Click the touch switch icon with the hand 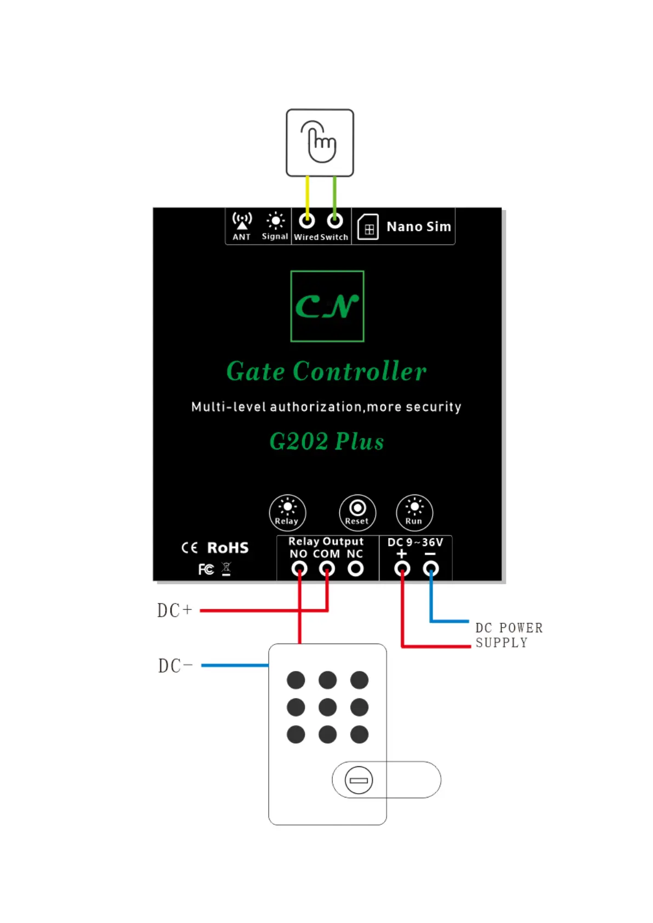[320, 143]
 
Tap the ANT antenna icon [242, 221]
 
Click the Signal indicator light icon [275, 221]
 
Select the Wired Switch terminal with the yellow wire [307, 221]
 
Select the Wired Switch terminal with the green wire [335, 221]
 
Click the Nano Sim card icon [368, 227]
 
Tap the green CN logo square [327, 306]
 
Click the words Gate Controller [326, 372]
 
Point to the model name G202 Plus [327, 442]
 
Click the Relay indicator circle [287, 512]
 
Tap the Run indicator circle [414, 512]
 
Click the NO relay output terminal [299, 569]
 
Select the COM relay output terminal [327, 569]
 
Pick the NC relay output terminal [356, 569]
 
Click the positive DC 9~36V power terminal [402, 569]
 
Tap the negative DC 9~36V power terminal [431, 569]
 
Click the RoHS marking [228, 548]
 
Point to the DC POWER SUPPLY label [509, 635]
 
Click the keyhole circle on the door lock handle [359, 780]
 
